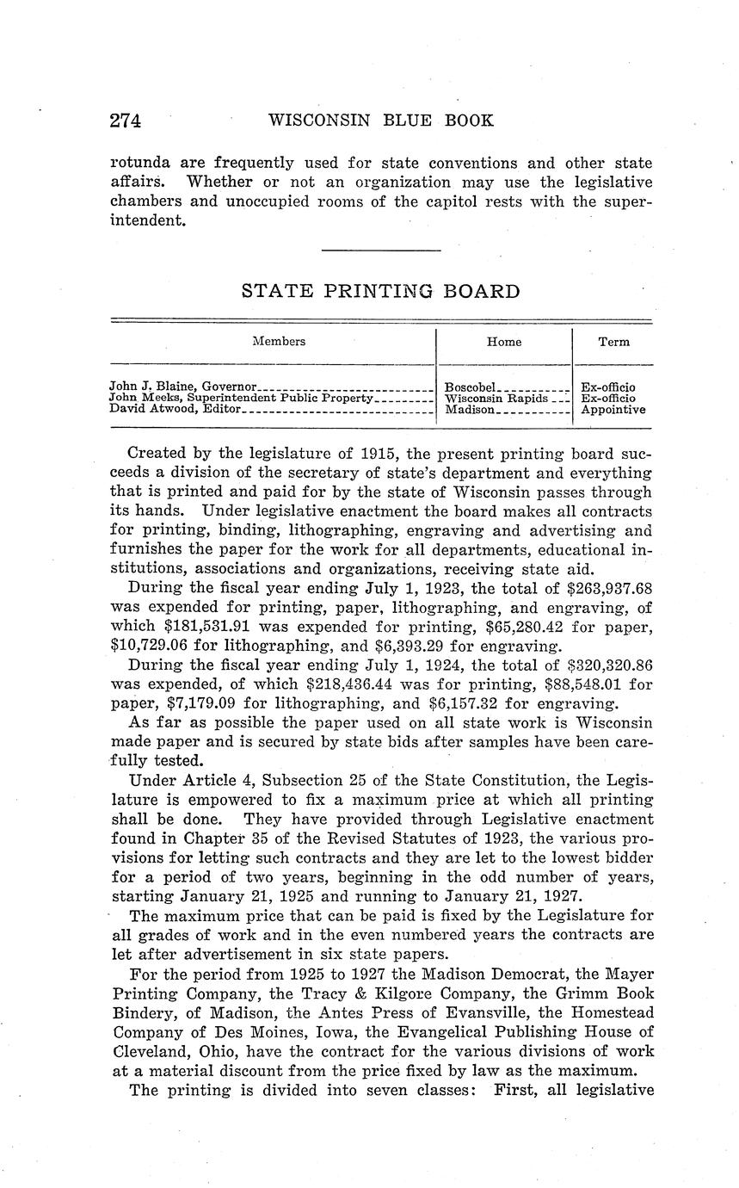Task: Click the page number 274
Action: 125,121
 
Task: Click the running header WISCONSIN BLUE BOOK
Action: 381,121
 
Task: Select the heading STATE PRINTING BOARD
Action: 380,291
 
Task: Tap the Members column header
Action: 279,342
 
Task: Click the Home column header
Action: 503,342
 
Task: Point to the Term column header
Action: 613,342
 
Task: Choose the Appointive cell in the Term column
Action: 613,410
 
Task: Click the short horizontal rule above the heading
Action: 380,251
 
